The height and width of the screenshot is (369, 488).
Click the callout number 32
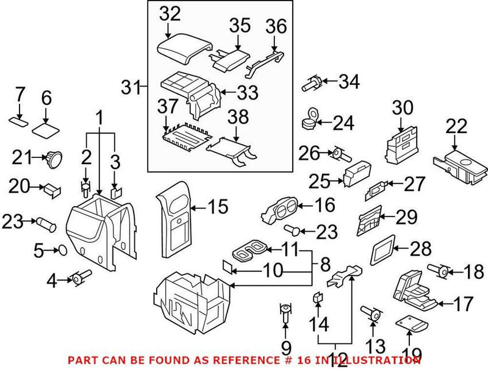pyautogui.click(x=170, y=13)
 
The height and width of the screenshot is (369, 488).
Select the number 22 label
pyautogui.click(x=456, y=127)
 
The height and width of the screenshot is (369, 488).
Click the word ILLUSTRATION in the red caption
pyautogui.click(x=381, y=360)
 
